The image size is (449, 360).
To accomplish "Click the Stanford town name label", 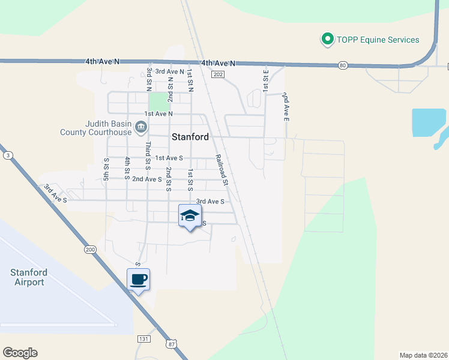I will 190,137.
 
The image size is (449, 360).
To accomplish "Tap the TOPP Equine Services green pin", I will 327,40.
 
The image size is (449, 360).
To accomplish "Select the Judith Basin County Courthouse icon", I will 141,126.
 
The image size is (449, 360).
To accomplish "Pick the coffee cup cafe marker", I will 138,280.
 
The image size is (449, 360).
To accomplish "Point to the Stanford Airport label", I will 28,277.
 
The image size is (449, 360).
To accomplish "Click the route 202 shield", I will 217,74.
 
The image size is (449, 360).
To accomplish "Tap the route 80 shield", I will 342,65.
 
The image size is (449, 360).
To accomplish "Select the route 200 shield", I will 90,250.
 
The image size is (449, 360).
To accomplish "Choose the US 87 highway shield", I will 171,344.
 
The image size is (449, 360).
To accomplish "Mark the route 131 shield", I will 143,339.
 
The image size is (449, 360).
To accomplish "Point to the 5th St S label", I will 106,169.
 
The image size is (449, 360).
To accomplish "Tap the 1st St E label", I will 265,79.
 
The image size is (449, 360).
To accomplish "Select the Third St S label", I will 148,155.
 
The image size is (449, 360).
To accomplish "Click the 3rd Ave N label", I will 169,71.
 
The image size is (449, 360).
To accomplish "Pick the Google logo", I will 20,353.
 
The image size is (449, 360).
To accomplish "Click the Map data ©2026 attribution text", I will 424,355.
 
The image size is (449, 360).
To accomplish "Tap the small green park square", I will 158,101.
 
